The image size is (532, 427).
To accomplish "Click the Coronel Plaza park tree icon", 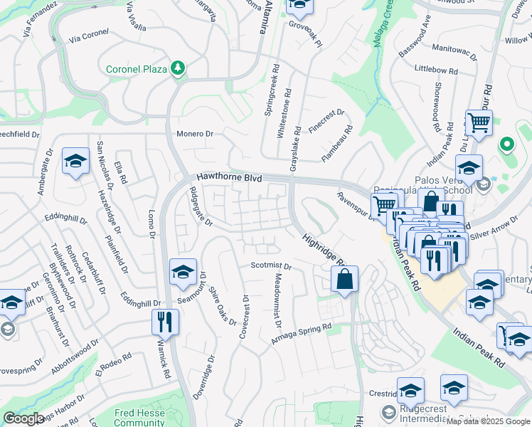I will pyautogui.click(x=177, y=68).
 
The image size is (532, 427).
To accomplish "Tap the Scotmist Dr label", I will pyautogui.click(x=271, y=265).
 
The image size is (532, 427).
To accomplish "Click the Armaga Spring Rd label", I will pyautogui.click(x=301, y=333).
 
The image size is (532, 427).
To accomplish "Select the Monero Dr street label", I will pyautogui.click(x=195, y=133).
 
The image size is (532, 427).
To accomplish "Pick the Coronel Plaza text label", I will pyautogui.click(x=136, y=69).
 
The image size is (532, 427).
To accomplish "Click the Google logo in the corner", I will pyautogui.click(x=23, y=418).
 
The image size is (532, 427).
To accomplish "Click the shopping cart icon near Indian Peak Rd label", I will pyautogui.click(x=479, y=122).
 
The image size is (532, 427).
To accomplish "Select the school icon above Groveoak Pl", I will pyautogui.click(x=299, y=7).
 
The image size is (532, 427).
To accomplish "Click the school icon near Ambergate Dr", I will pyautogui.click(x=75, y=162).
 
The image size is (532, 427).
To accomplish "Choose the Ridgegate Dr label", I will pyautogui.click(x=200, y=206).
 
